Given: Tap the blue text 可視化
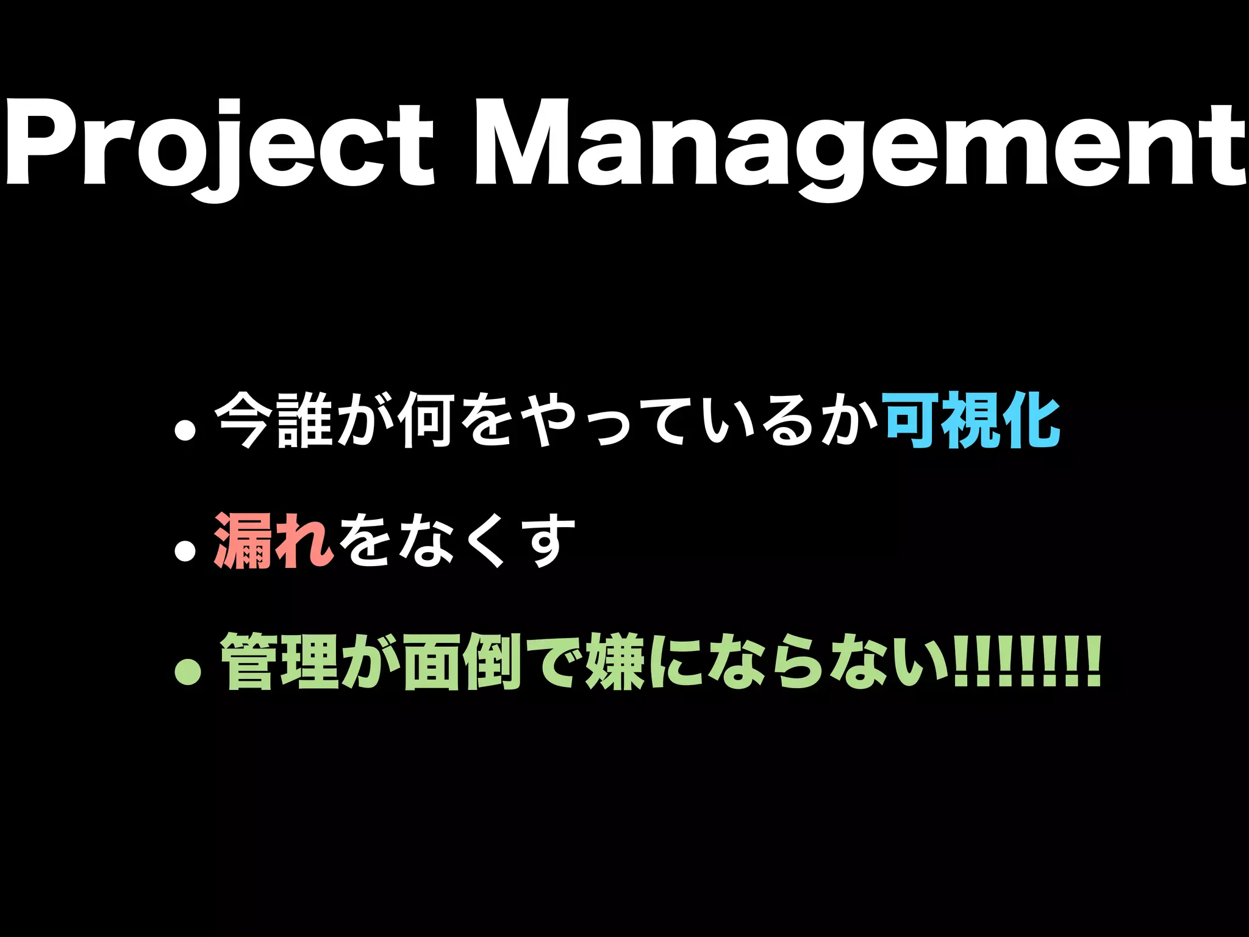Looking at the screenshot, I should (x=973, y=420).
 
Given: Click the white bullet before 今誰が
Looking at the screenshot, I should (x=185, y=430).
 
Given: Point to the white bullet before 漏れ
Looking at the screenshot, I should (x=185, y=551).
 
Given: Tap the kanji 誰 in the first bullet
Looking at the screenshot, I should (x=305, y=420).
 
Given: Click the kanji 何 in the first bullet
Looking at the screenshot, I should (x=425, y=420).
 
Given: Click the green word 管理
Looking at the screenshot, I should (x=279, y=662).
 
